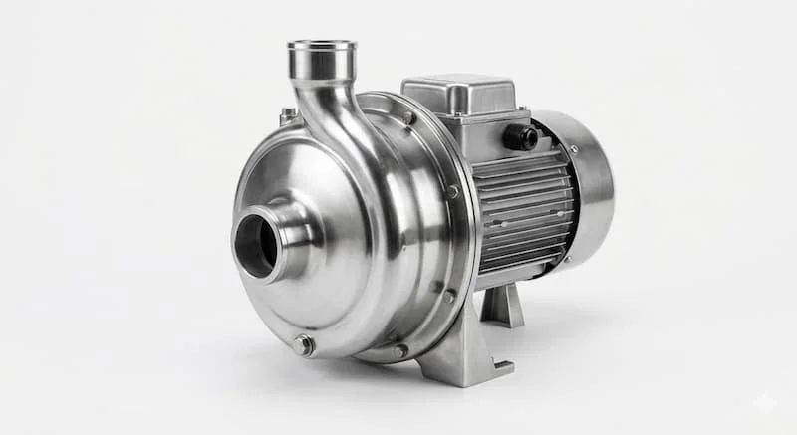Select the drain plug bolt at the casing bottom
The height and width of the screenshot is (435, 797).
click(x=303, y=345)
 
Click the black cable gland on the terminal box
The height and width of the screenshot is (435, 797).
click(x=520, y=136)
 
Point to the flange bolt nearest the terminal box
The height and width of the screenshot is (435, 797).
click(x=408, y=118)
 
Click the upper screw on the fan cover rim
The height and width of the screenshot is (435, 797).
click(x=573, y=149)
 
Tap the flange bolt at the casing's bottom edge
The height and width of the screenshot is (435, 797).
click(x=399, y=350)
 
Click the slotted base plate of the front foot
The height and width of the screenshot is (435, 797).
click(x=468, y=372)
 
